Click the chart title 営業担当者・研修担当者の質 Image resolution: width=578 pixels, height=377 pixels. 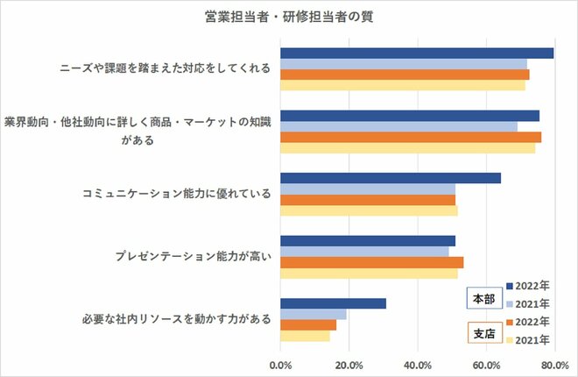[288, 17]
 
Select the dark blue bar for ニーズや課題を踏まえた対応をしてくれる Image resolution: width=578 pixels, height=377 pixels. [417, 53]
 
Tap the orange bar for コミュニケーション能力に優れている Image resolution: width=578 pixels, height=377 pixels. [368, 200]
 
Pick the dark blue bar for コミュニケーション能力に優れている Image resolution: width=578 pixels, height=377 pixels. [391, 178]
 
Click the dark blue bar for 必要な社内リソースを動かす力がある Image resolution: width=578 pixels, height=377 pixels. [333, 303]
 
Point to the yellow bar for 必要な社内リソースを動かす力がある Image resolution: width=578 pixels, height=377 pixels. [305, 336]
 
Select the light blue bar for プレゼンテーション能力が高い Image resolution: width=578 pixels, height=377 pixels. [364, 252]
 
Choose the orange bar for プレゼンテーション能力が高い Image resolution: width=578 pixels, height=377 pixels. [371, 262]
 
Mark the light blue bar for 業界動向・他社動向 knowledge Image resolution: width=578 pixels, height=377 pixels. [398, 126]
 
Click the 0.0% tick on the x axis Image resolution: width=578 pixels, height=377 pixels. [280, 364]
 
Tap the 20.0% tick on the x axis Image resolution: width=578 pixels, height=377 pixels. [349, 364]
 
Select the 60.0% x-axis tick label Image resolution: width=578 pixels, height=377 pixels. [486, 364]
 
